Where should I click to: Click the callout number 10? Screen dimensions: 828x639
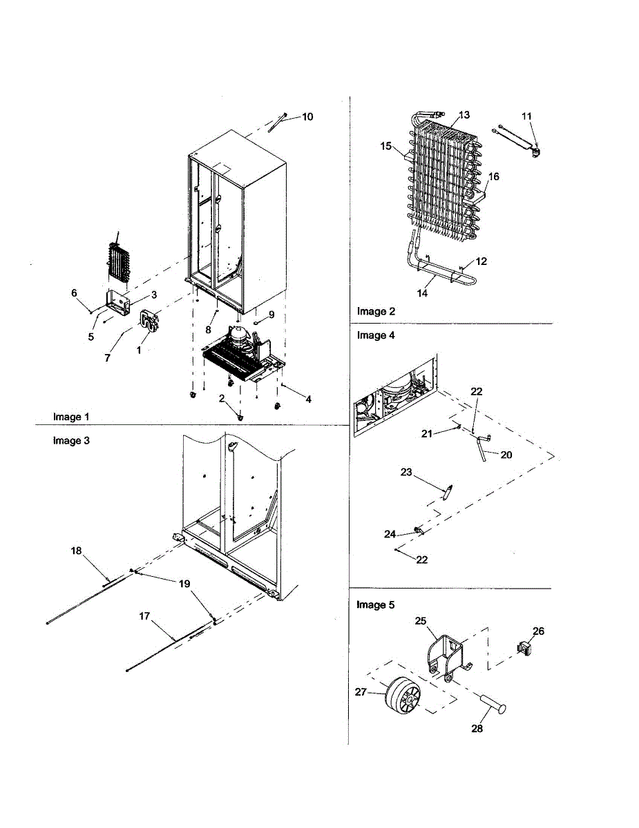point(307,117)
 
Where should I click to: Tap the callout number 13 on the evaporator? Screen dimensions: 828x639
point(464,115)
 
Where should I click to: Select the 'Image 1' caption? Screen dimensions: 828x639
point(71,417)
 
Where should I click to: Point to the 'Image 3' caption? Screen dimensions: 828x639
point(71,441)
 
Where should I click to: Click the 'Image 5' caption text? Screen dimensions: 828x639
point(375,605)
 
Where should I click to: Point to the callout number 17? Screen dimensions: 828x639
point(144,616)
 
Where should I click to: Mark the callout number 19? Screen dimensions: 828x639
point(184,584)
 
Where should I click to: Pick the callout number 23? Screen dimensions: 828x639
point(406,473)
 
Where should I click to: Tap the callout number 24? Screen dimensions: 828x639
point(390,534)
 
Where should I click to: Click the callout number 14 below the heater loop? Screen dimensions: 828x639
point(423,293)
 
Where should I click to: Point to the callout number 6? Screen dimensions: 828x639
point(74,293)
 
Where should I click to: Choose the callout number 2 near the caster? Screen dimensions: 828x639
point(222,398)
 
